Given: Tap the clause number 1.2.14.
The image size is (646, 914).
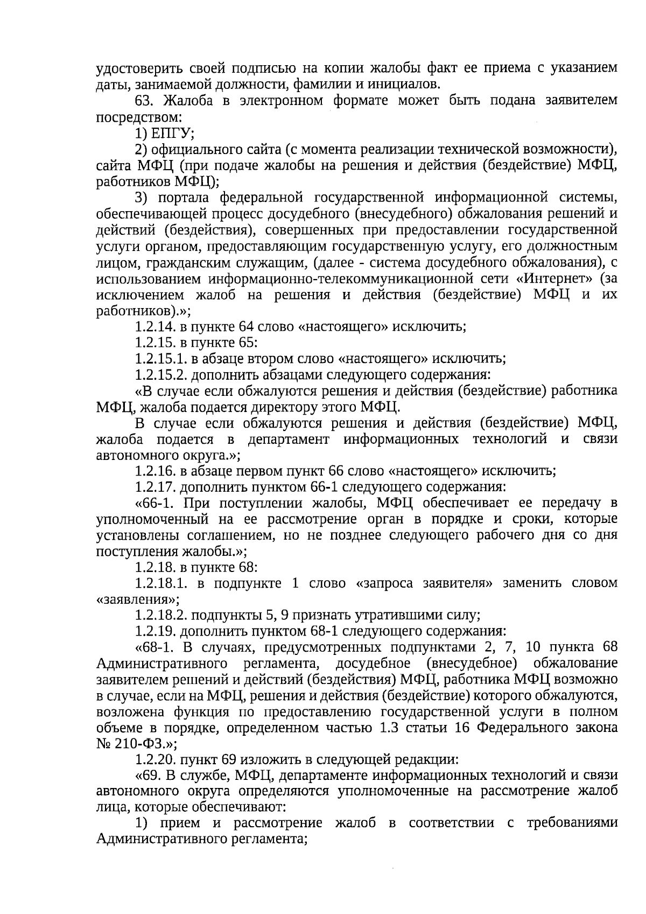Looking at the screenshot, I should pyautogui.click(x=154, y=326).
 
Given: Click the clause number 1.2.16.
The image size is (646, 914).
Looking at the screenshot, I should pyautogui.click(x=154, y=471).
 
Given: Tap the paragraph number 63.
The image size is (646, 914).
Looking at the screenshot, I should pyautogui.click(x=145, y=101).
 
